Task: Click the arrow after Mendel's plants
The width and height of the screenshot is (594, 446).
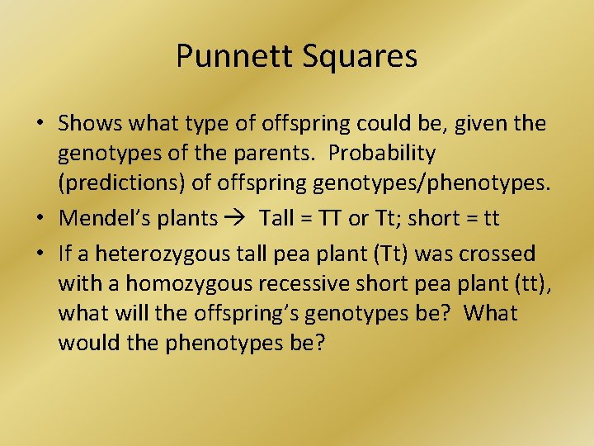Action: click(235, 219)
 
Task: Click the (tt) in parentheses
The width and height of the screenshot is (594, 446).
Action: click(526, 283)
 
